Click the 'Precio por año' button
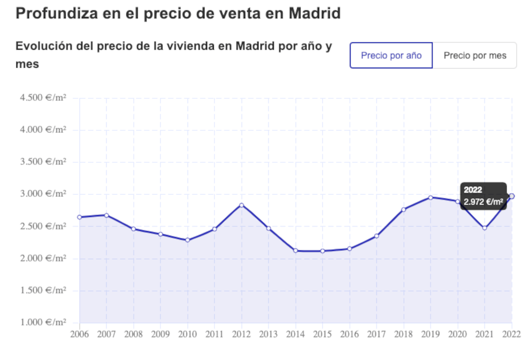[391, 56]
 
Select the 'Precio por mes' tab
[475, 56]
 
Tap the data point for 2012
[242, 205]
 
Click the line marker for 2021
[485, 228]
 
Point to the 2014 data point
[296, 250]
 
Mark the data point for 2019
[431, 197]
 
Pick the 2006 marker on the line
[80, 217]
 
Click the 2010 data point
[188, 240]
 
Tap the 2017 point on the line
[377, 236]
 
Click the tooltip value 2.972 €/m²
[483, 203]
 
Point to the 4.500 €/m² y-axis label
[43, 98]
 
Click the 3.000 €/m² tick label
[43, 194]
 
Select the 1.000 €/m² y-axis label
[43, 322]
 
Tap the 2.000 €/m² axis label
[43, 258]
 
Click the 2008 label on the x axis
[134, 334]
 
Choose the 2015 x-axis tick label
[323, 334]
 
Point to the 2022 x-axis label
[511, 334]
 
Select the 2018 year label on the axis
[404, 334]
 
